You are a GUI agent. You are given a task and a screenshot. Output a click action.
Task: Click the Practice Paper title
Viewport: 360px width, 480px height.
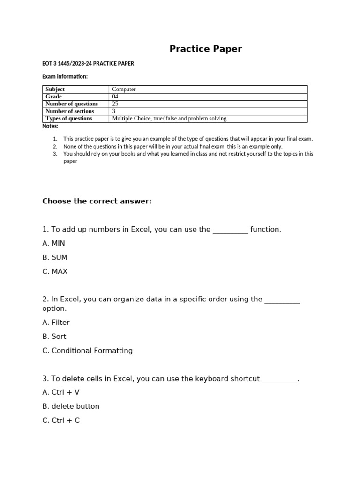point(205,49)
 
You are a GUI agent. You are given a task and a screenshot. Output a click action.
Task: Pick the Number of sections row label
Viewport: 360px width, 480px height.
point(70,111)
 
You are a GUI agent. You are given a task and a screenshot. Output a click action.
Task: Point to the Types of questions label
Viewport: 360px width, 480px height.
point(69,119)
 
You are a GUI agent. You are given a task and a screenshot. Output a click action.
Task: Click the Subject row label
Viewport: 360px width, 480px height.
point(55,89)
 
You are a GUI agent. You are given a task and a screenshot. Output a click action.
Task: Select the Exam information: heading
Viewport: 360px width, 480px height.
point(65,76)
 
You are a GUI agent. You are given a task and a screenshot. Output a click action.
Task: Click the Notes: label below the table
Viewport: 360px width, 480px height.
point(50,126)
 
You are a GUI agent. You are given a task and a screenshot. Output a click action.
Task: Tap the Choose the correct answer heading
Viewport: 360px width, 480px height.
point(97,201)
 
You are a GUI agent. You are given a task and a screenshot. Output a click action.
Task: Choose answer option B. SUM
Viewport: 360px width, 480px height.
point(55,257)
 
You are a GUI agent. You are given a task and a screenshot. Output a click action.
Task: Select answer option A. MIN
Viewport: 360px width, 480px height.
point(53,243)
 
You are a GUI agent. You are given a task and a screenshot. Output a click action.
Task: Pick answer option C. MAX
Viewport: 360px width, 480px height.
point(55,271)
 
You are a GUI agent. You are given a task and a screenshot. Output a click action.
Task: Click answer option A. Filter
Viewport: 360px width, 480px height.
point(56,322)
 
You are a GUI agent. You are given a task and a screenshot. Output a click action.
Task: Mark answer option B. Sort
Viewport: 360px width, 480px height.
point(54,337)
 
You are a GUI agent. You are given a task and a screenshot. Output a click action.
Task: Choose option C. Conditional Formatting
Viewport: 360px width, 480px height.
point(87,351)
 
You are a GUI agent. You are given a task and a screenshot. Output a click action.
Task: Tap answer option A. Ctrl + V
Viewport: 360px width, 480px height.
point(61,392)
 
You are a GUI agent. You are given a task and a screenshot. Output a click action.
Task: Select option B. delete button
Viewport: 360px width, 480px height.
point(71,406)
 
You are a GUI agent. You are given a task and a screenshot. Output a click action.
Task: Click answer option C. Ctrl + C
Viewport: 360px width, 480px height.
point(61,420)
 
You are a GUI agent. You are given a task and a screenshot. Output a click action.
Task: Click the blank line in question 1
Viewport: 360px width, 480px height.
point(230,231)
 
